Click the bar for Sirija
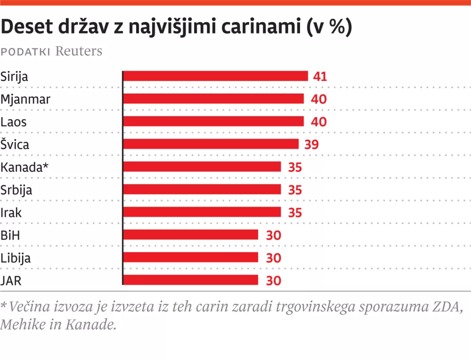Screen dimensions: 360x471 tap(215, 76)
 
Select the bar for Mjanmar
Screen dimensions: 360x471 tap(213, 99)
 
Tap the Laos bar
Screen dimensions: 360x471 tap(213, 121)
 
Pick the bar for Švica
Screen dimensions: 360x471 tap(211, 144)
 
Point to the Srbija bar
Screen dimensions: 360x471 tap(202, 189)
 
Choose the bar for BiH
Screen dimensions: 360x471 tap(190, 234)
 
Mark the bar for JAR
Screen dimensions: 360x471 tap(190, 280)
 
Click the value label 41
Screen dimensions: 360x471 tap(320, 77)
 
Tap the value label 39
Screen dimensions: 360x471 tap(312, 144)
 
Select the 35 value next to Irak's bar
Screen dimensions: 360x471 tap(295, 212)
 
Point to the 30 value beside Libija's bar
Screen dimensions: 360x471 tap(274, 258)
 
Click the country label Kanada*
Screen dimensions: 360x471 tap(25, 167)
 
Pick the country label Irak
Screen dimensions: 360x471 tap(12, 212)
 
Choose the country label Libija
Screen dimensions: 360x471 tap(16, 258)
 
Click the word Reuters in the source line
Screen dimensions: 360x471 tap(79, 51)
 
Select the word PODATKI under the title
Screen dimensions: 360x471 tap(26, 52)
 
